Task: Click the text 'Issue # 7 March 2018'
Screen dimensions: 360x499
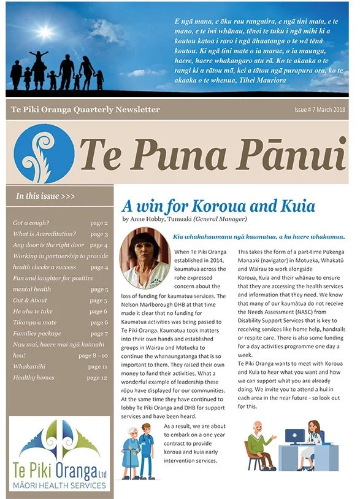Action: tap(320, 109)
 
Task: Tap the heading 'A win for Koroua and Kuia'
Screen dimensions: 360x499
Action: tap(218, 206)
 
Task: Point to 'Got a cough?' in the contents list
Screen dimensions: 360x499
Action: tap(31, 223)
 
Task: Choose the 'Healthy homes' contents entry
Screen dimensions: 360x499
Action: tap(34, 377)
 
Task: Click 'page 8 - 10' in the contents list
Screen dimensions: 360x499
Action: tap(93, 355)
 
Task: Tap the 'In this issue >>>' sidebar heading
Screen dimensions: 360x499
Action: tap(46, 196)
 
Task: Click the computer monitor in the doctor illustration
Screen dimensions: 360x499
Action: tap(294, 437)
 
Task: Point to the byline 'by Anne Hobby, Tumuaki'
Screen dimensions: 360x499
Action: tap(166, 219)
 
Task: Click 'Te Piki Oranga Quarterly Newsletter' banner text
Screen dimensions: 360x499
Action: tap(85, 110)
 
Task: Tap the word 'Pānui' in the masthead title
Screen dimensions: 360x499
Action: tap(290, 153)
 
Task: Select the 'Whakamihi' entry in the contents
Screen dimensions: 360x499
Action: tap(31, 366)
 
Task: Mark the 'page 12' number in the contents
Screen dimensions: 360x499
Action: tap(97, 377)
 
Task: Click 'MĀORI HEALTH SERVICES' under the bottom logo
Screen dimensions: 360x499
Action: tap(59, 485)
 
